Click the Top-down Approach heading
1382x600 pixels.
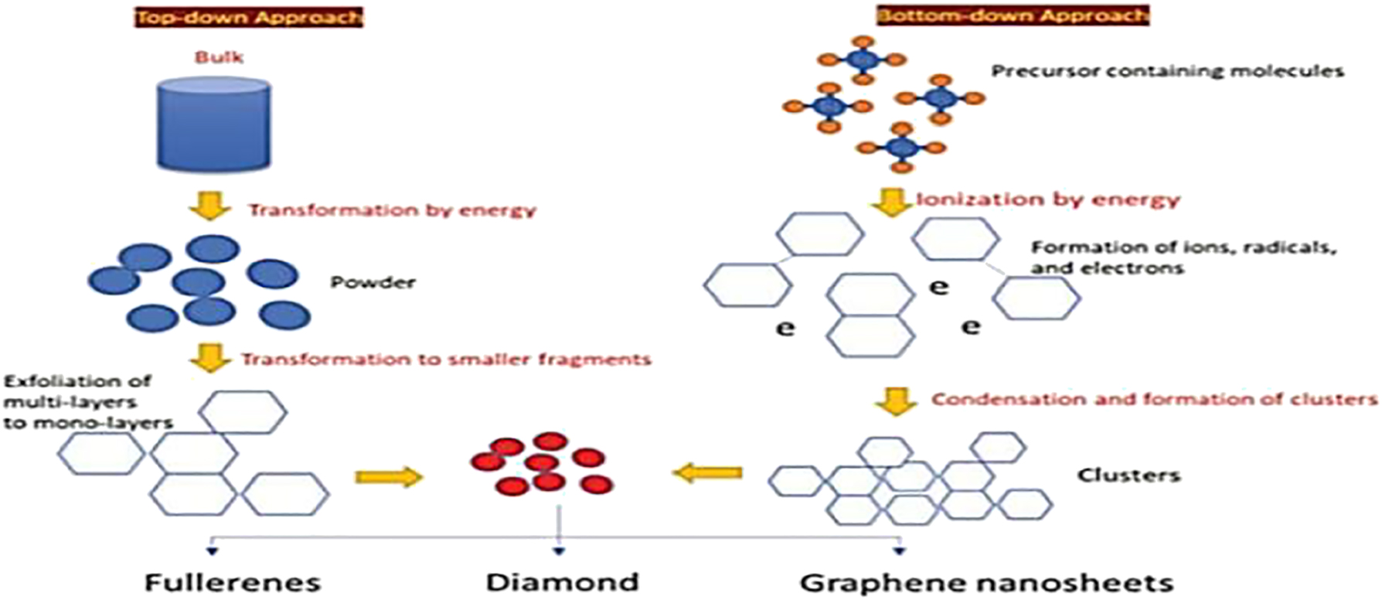[249, 17]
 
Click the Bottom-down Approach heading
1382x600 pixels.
[1013, 15]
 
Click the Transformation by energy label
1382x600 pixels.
[392, 210]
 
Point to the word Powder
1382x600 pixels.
[373, 282]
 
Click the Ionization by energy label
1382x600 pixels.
[1048, 199]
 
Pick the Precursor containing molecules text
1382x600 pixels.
[1167, 72]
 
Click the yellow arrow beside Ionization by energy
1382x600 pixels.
[890, 201]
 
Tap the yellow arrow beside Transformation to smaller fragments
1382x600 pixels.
[210, 358]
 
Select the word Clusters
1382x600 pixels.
[1128, 475]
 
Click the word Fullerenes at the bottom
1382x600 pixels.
[233, 581]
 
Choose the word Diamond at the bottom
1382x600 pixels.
[562, 581]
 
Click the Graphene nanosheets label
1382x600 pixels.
[986, 581]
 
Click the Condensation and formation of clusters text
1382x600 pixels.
[1153, 400]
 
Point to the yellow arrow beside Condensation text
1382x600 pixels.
[897, 401]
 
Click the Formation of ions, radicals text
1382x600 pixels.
[1183, 257]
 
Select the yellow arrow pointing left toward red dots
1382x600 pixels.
[707, 472]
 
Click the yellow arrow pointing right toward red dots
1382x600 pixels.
[389, 476]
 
